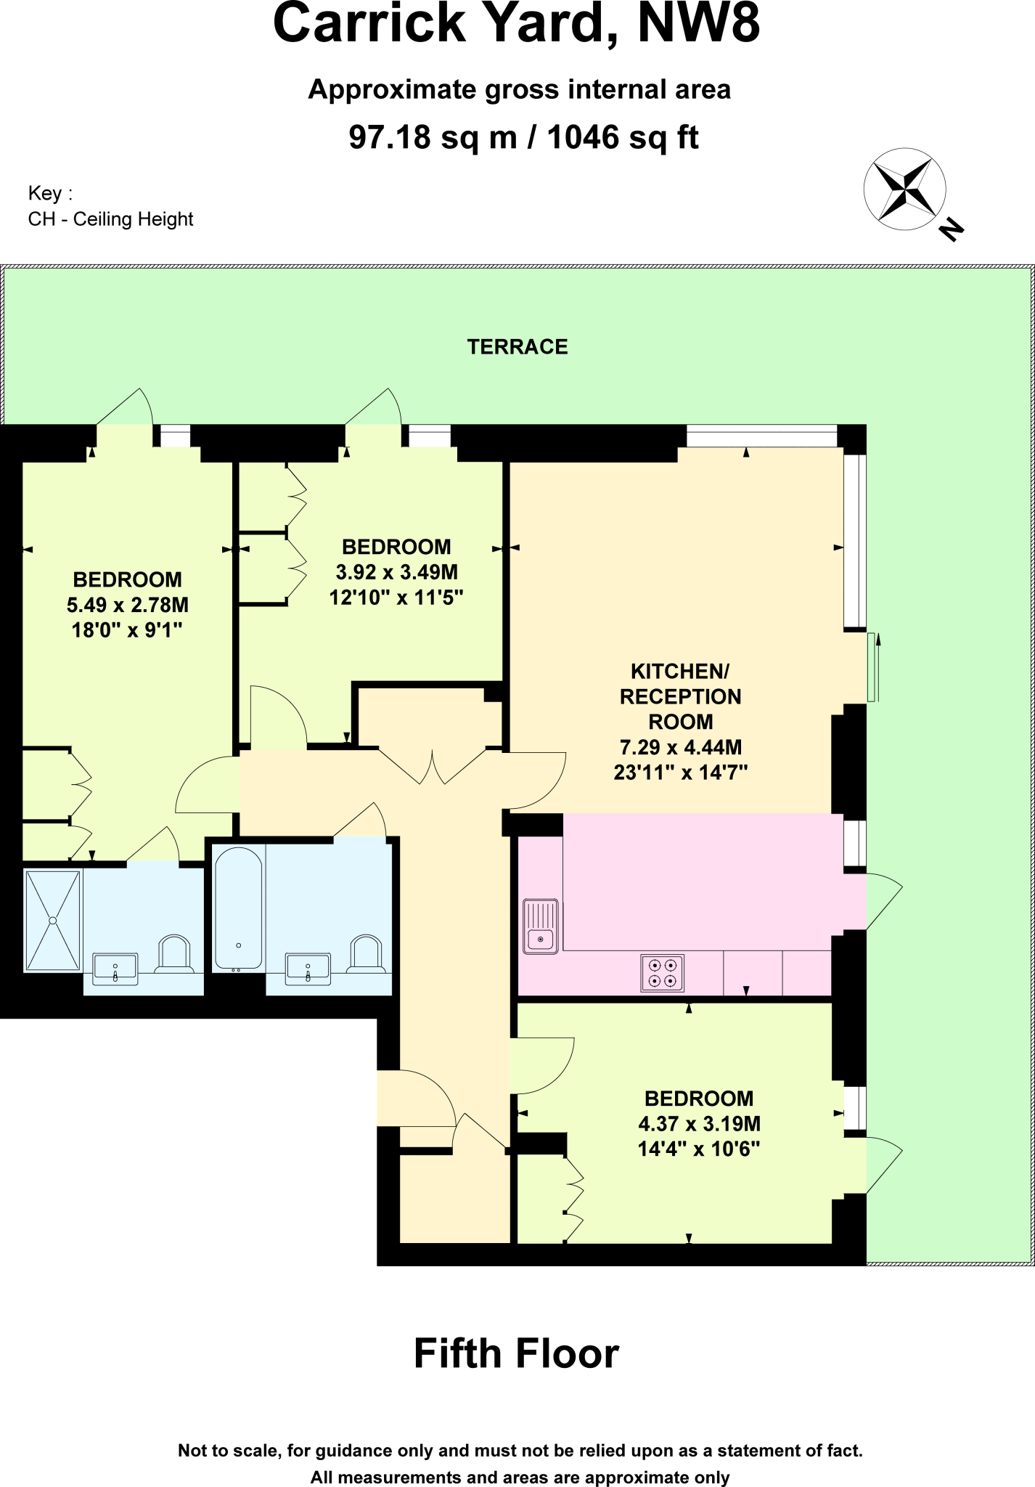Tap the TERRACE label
[x=517, y=347]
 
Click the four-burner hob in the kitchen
[x=662, y=973]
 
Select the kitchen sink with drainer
[x=541, y=926]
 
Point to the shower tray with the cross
[x=52, y=921]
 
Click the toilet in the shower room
[x=173, y=954]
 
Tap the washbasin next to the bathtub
[x=308, y=969]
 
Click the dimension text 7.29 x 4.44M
[x=680, y=747]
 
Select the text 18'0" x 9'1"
[x=126, y=630]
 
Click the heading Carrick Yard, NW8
[x=516, y=24]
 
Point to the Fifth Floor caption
[x=516, y=1353]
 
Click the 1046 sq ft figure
[x=622, y=137]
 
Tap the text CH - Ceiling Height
[x=110, y=219]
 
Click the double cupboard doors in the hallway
[x=433, y=767]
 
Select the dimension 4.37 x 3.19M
[x=699, y=1124]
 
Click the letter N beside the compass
[x=951, y=229]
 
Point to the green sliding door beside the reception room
[x=872, y=667]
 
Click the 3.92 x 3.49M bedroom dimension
[x=396, y=572]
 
